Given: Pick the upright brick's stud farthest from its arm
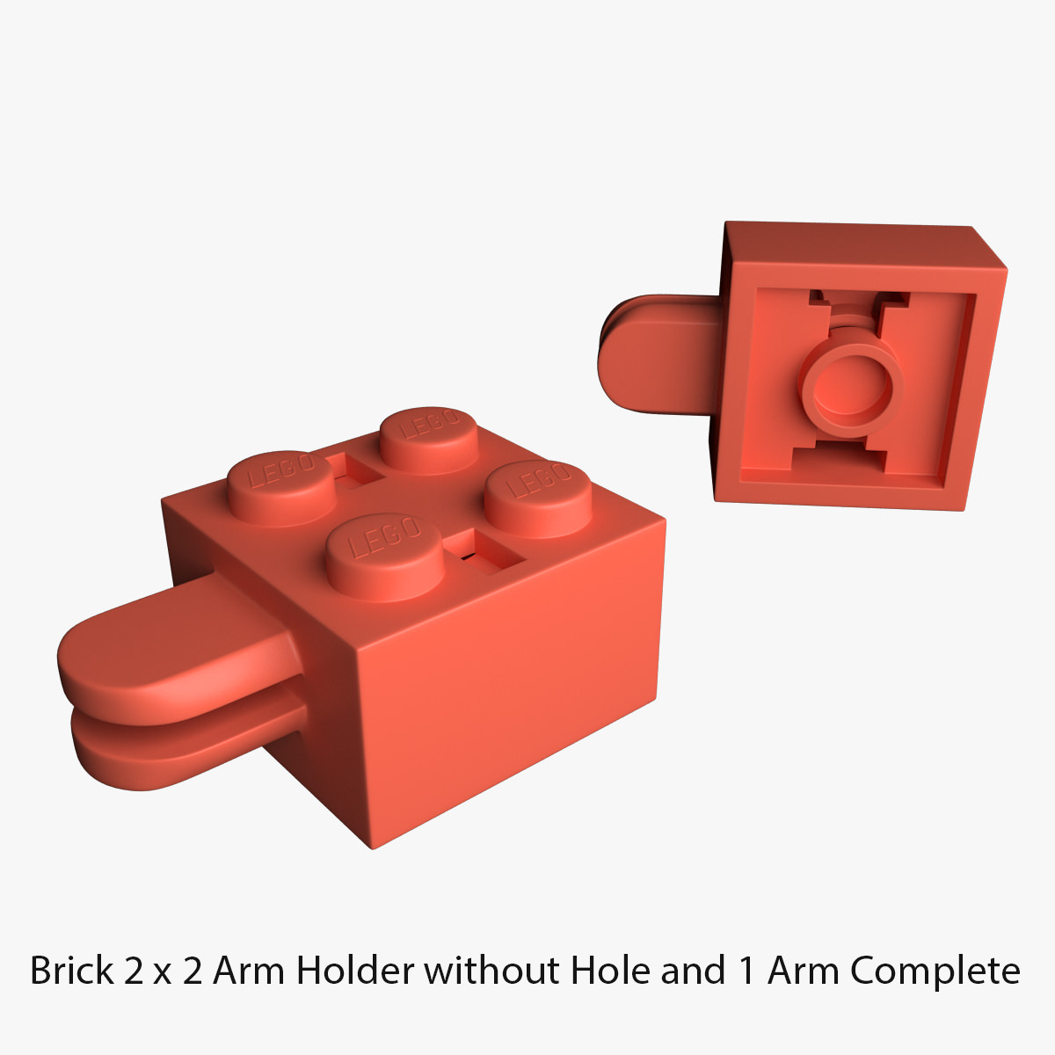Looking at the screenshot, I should [537, 498].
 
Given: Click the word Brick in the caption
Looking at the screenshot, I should [72, 971].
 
